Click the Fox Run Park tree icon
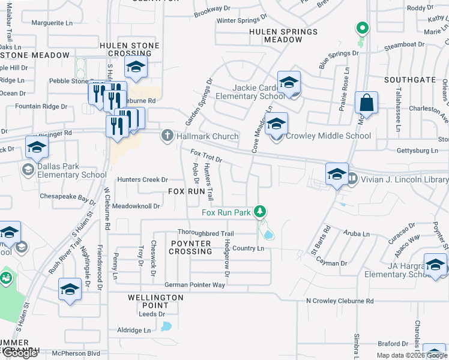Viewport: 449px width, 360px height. (x=259, y=212)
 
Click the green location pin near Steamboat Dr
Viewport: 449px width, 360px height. (x=361, y=28)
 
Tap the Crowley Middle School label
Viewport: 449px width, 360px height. (x=328, y=136)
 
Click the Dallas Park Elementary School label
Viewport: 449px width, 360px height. (x=64, y=170)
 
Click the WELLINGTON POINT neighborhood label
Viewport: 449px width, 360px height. (x=155, y=301)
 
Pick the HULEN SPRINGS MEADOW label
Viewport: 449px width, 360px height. (x=283, y=35)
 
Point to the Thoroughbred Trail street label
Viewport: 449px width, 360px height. (x=205, y=233)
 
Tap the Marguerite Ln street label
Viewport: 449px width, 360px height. (x=52, y=23)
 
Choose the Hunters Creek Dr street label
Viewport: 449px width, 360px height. (x=142, y=179)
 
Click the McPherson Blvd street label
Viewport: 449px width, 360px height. (x=76, y=353)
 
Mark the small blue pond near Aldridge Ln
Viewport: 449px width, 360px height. (x=166, y=327)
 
